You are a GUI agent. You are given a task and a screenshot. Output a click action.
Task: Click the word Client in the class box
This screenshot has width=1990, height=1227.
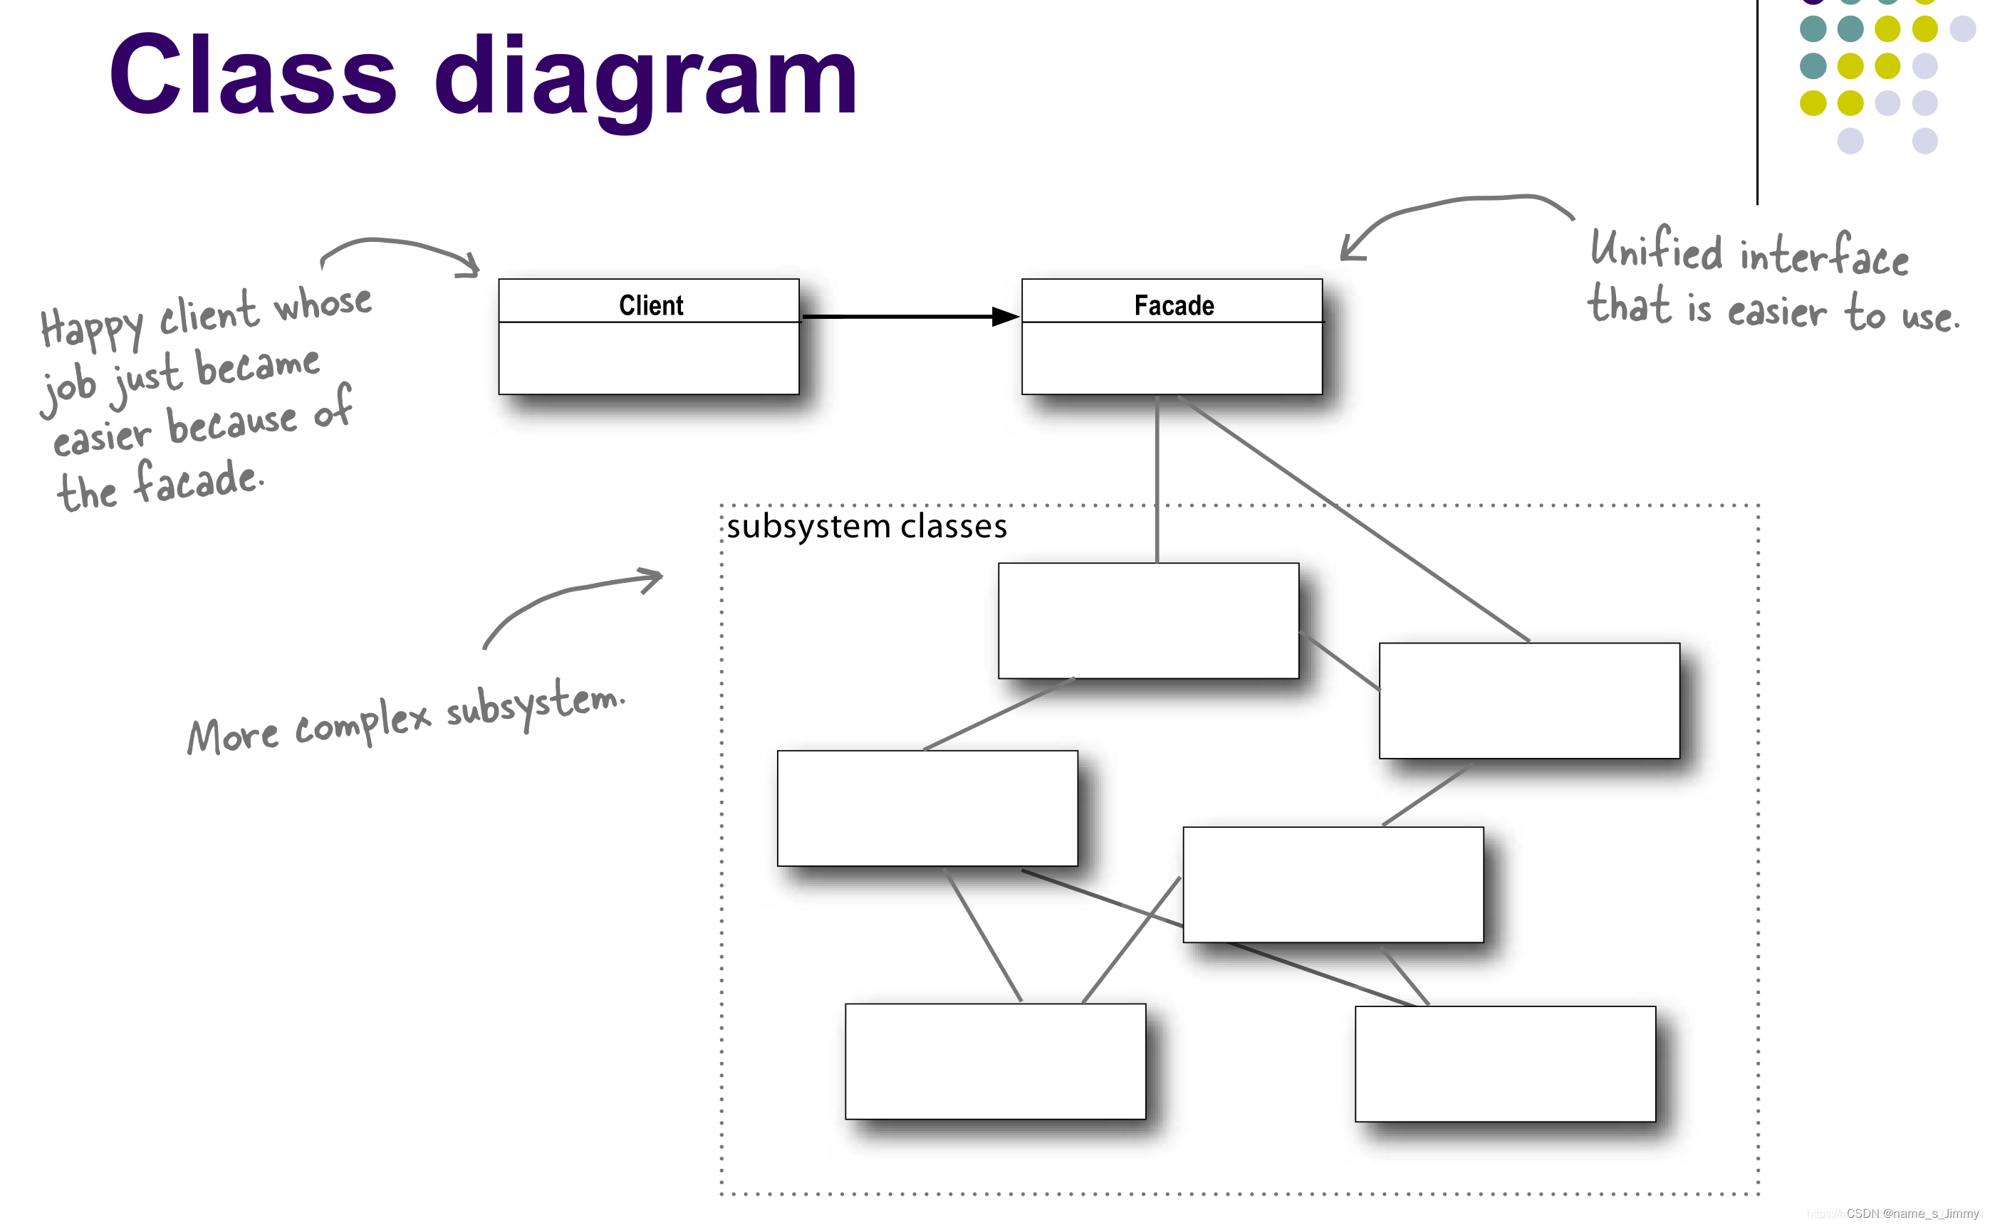click(650, 305)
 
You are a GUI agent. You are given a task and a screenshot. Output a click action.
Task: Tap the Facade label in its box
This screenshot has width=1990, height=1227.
click(1173, 305)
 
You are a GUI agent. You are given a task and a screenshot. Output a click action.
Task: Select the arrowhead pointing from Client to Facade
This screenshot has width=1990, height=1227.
click(1005, 317)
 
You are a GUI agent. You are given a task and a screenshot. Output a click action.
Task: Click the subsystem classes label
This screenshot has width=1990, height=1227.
click(866, 527)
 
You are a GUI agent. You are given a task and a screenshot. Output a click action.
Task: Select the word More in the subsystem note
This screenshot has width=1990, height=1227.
click(233, 735)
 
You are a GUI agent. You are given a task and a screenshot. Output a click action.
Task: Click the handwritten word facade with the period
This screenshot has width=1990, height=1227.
click(198, 480)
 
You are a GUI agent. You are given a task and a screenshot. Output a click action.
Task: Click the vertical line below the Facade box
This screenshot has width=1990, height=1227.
click(1156, 479)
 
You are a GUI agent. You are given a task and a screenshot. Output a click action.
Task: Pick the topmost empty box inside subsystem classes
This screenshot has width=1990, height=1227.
click(1147, 620)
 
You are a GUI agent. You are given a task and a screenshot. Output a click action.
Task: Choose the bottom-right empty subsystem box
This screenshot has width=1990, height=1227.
click(1504, 1063)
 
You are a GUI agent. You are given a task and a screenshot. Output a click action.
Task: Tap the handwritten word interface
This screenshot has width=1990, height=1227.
click(1823, 256)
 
